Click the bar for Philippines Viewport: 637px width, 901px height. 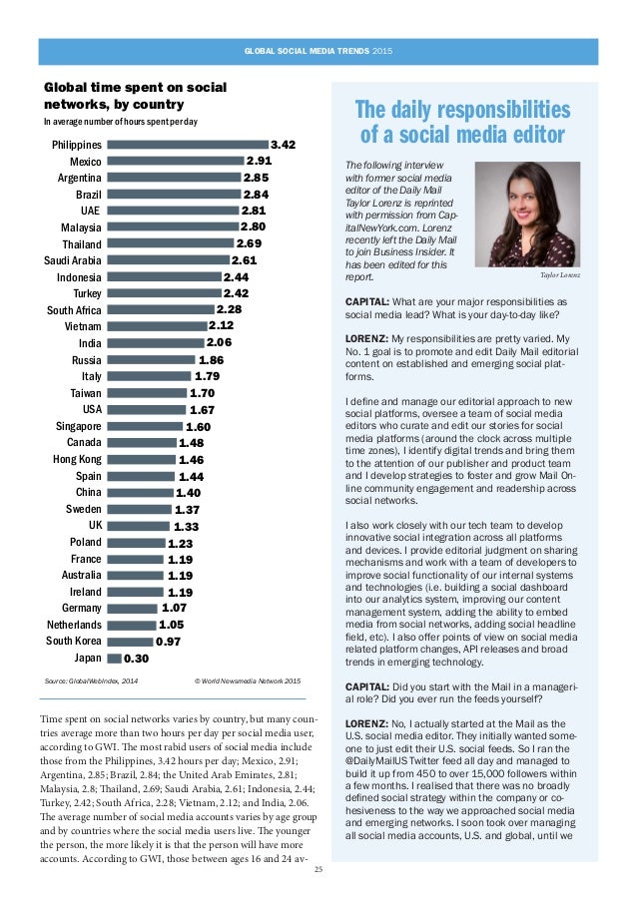pos(188,145)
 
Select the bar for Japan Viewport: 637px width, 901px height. pos(114,658)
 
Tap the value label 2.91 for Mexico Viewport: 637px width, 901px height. pos(260,161)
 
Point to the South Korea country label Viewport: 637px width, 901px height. pos(73,641)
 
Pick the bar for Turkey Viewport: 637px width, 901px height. pos(164,293)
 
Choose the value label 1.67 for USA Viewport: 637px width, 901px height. pos(203,409)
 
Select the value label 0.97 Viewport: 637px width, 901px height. pos(167,641)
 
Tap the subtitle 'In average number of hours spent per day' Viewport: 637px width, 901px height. pos(119,122)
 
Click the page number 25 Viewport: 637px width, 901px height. pos(318,871)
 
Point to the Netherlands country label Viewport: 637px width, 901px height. pos(73,624)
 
